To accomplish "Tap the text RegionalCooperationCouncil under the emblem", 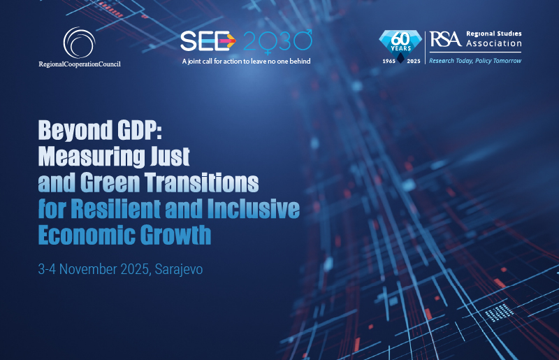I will (x=80, y=64).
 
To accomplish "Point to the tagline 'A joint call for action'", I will (x=245, y=61).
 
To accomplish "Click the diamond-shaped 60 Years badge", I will (x=399, y=44).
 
